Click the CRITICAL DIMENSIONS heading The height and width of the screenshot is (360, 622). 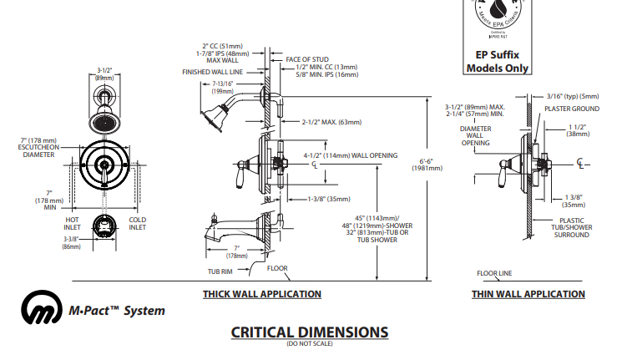(x=309, y=332)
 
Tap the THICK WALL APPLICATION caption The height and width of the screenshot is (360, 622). (x=261, y=294)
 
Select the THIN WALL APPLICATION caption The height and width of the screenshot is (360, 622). (x=528, y=294)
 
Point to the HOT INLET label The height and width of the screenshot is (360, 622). (x=72, y=223)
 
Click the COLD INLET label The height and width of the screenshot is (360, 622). (x=138, y=223)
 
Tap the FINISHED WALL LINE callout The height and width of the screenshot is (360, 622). (x=213, y=72)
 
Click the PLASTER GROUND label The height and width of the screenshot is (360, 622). (x=572, y=109)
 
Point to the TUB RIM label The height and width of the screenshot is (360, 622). (x=219, y=271)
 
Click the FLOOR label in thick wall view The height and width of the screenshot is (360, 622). (x=277, y=268)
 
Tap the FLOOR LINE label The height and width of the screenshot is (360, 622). (x=494, y=273)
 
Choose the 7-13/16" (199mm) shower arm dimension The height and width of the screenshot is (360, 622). (x=222, y=88)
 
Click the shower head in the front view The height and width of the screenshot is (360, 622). (x=104, y=122)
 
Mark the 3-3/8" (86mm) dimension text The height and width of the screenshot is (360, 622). (x=70, y=243)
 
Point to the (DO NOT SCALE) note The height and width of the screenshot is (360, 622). (x=309, y=344)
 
